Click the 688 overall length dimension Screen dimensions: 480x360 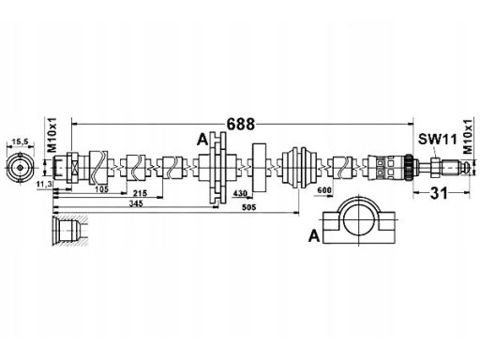click(240, 124)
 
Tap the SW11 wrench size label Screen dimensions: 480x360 click(438, 139)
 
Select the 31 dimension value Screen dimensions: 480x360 click(439, 193)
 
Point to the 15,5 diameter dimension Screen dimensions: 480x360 click(20, 142)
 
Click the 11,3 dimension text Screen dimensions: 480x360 click(44, 185)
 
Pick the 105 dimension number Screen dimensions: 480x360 click(101, 188)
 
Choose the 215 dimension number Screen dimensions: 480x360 click(141, 193)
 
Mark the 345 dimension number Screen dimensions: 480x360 click(136, 203)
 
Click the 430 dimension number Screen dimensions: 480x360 click(240, 193)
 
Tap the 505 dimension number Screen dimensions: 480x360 click(249, 207)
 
